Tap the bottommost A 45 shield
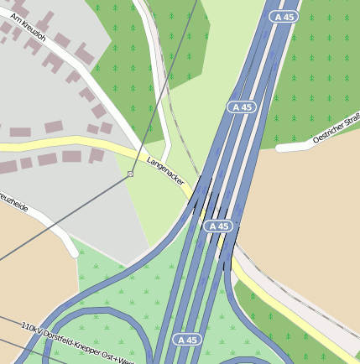[189, 340]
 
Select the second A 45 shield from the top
[241, 107]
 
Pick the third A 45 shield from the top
[218, 226]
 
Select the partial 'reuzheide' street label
[13, 203]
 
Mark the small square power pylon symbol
[130, 174]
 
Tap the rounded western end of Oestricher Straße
[279, 148]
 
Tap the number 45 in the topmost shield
[290, 17]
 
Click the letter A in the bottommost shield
[182, 340]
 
